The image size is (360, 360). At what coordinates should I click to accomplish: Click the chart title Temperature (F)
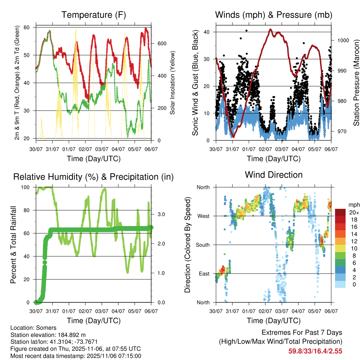click(x=94, y=15)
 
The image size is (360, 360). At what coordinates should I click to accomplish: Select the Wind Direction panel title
click(x=274, y=175)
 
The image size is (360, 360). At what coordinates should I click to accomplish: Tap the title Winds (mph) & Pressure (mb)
click(x=274, y=15)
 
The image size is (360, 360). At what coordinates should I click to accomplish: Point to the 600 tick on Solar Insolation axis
click(x=162, y=44)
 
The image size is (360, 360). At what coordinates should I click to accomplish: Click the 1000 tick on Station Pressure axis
click(x=343, y=40)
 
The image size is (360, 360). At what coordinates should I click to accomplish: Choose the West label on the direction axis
click(x=203, y=216)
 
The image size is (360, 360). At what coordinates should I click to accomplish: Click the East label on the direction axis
click(x=204, y=274)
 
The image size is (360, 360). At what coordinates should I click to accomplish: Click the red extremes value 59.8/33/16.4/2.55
click(x=315, y=351)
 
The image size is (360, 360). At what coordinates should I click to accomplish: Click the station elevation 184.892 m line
click(x=48, y=335)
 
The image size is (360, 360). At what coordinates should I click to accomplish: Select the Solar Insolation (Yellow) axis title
click(x=172, y=83)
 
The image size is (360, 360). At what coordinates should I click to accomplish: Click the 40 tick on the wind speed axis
click(x=207, y=32)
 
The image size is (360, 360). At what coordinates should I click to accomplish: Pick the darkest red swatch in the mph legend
click(x=341, y=212)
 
